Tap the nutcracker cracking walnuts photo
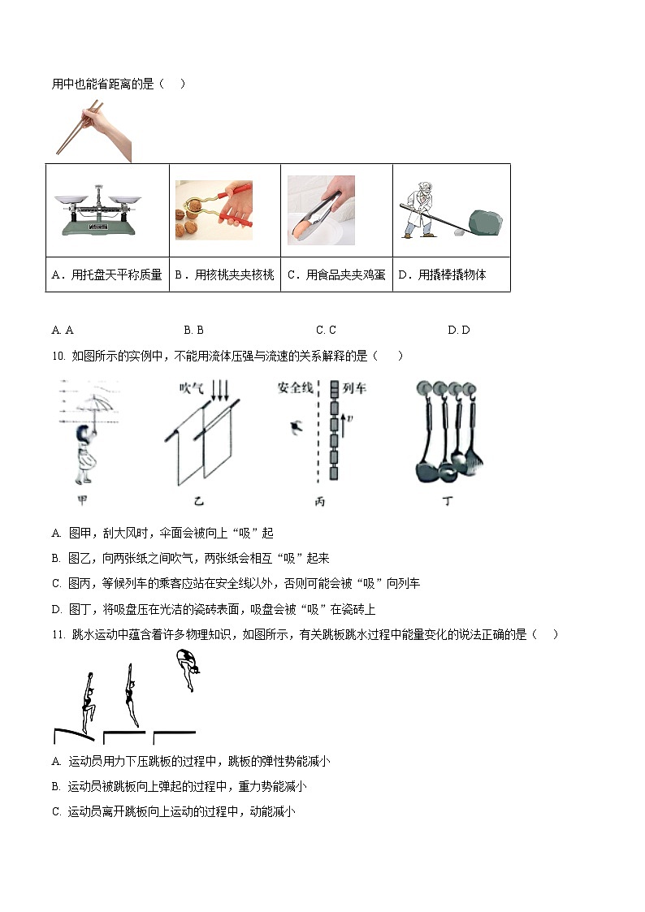point(214,210)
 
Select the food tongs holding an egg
point(321,210)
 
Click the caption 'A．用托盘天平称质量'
point(107,275)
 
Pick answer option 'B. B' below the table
point(193,330)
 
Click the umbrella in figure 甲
point(92,405)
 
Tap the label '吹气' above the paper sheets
point(192,389)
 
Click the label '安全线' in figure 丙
point(295,388)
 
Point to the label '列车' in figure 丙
point(355,388)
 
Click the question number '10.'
point(57,356)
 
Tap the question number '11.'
point(57,634)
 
